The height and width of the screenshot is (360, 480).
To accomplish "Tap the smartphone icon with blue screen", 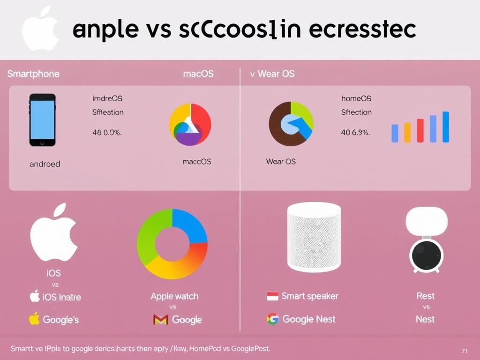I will tap(43, 120).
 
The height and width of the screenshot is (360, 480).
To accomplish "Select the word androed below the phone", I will tap(45, 164).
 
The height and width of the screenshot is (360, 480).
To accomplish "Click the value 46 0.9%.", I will tap(107, 133).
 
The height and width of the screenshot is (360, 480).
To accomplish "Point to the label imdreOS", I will tap(107, 98).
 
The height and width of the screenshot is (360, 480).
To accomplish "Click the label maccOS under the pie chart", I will tap(196, 162).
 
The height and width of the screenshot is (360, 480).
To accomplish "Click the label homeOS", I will tap(356, 98).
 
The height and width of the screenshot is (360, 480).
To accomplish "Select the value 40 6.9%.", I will tap(355, 133).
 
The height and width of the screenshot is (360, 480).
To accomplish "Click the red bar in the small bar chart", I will tap(420, 130).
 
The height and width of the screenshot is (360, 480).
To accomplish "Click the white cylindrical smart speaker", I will tap(314, 237).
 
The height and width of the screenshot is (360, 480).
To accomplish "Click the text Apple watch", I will tap(174, 296).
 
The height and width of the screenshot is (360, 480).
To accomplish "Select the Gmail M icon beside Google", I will tap(160, 320).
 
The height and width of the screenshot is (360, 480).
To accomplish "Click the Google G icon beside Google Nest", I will tap(272, 319).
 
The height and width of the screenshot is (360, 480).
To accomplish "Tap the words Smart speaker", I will tap(310, 296).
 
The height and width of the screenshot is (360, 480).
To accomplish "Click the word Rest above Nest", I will tap(425, 296).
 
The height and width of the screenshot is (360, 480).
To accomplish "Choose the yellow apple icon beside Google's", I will tap(34, 319).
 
